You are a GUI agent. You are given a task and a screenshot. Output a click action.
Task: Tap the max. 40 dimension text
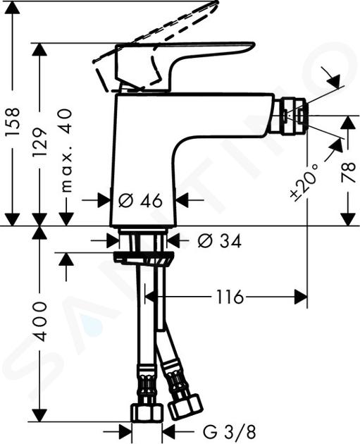(x=66, y=151)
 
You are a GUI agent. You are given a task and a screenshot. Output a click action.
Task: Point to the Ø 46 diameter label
(x=140, y=201)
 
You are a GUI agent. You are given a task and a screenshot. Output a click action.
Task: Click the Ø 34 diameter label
(x=220, y=242)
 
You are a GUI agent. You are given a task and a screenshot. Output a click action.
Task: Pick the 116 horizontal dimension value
(x=230, y=297)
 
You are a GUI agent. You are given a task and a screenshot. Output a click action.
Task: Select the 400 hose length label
(x=40, y=321)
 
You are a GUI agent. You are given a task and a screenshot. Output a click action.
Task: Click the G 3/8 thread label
(x=229, y=432)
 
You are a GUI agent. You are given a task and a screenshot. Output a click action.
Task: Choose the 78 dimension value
(x=349, y=173)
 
